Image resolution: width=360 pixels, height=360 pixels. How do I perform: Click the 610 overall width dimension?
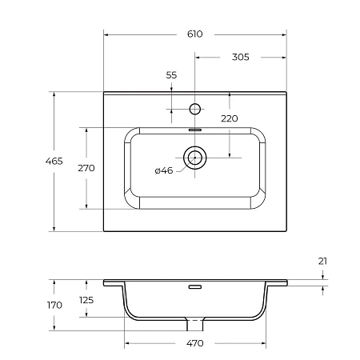195,34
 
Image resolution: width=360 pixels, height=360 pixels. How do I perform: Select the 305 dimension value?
240,57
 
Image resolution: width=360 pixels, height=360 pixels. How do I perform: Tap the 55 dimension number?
171,75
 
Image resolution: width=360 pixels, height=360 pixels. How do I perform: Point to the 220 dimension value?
229,118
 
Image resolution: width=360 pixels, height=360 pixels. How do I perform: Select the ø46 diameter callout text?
163,170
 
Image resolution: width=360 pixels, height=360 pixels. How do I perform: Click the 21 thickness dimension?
322,261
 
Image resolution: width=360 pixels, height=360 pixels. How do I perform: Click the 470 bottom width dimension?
195,343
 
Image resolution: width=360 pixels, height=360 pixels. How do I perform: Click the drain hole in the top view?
194,158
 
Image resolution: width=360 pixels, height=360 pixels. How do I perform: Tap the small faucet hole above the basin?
194,108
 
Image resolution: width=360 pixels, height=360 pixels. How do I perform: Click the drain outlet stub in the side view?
194,324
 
